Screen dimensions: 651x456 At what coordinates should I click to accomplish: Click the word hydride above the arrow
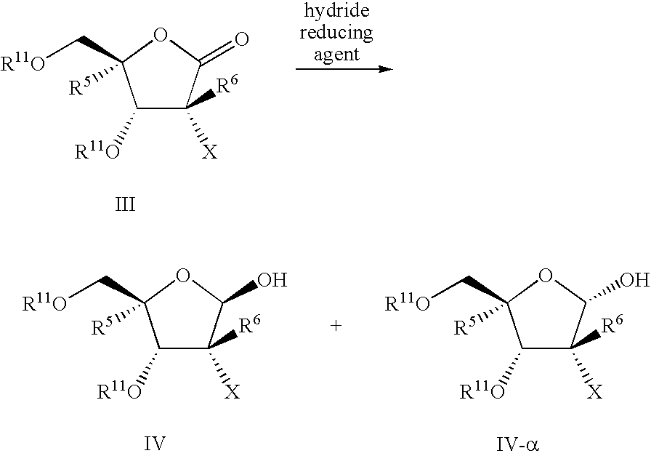336,11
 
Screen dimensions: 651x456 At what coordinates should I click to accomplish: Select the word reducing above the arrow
336,33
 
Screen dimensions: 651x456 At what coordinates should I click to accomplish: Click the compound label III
125,204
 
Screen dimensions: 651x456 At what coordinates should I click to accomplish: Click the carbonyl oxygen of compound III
242,39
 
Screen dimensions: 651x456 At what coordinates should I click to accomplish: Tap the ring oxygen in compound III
161,36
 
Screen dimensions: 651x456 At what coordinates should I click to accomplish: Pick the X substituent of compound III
210,152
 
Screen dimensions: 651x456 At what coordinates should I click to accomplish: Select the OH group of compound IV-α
634,280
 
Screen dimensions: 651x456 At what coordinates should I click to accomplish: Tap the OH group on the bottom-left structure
272,280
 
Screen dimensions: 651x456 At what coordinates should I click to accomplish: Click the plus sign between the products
336,326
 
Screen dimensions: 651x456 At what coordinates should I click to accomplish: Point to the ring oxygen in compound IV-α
546,276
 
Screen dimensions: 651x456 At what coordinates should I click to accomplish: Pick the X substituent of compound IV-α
595,391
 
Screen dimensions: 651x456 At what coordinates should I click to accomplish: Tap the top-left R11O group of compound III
23,63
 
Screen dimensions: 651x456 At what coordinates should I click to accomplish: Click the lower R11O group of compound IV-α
482,391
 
